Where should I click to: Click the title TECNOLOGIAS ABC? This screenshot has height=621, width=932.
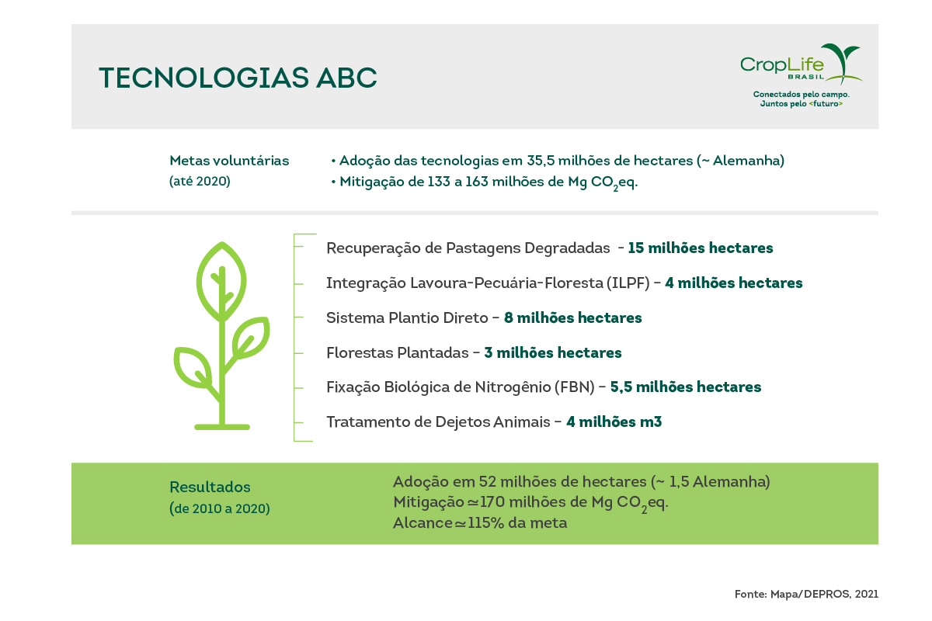coord(238,78)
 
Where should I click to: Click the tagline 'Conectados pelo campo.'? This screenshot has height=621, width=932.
coord(801,94)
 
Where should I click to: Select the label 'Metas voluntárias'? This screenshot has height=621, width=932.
coord(229,161)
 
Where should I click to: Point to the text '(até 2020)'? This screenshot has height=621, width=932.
coord(200,182)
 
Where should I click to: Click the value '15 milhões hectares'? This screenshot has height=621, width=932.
coord(701,248)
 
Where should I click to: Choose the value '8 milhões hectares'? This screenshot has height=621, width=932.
coord(573,318)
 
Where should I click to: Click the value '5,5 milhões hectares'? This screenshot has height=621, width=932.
coord(686,387)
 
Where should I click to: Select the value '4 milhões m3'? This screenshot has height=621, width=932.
coord(614,422)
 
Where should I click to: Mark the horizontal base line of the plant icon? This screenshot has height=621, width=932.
coord(222,426)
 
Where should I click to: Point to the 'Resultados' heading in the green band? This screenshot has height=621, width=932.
coord(210,487)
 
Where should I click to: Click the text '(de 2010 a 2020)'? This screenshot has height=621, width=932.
coord(220,509)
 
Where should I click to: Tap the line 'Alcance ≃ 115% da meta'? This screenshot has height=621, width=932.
coord(480,523)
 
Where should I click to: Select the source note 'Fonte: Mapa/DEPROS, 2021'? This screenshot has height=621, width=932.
coord(806,594)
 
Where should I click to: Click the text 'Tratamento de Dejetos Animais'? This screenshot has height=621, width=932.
coord(436,422)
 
